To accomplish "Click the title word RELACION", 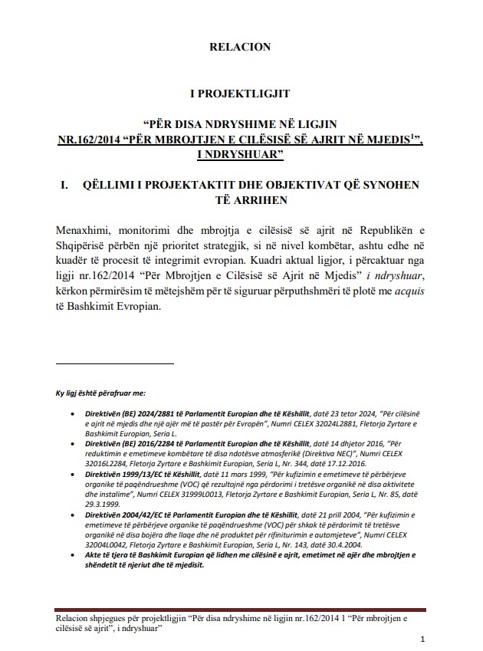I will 240,48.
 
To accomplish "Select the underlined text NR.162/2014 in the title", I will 95,140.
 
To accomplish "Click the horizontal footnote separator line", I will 115,363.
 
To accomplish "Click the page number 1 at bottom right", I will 423,639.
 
